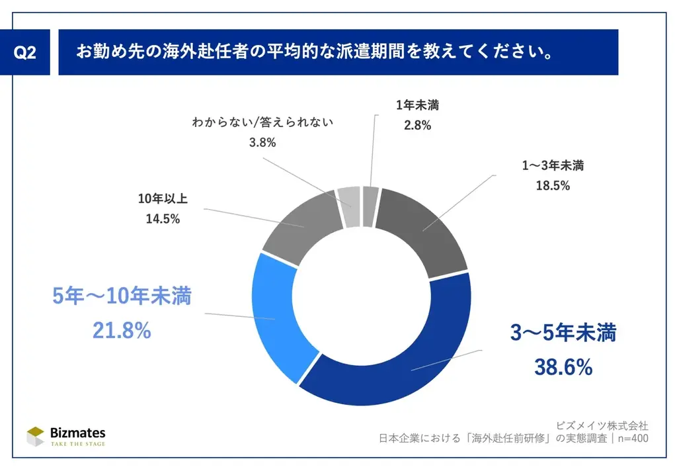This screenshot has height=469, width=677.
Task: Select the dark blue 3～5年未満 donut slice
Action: [x=397, y=370]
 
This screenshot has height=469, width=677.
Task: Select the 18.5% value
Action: [x=552, y=186]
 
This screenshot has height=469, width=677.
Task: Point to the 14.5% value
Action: [x=163, y=220]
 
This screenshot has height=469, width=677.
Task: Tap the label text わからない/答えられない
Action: [x=262, y=122]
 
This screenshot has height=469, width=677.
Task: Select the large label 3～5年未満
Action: [x=563, y=333]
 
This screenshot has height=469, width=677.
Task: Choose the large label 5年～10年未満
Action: [x=122, y=297]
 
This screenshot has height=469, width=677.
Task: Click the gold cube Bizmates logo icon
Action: [x=36, y=435]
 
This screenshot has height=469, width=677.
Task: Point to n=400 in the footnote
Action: [x=631, y=438]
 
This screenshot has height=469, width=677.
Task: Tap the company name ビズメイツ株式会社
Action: [x=602, y=424]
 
